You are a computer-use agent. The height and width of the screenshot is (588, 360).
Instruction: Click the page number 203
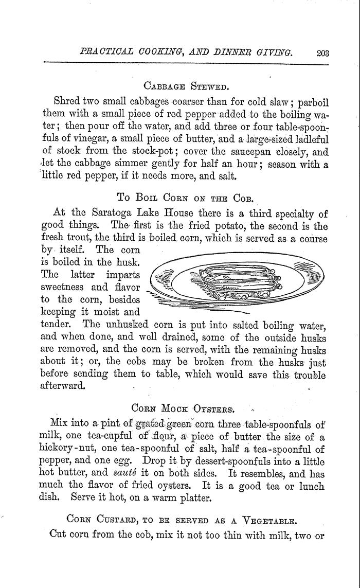pos(323,51)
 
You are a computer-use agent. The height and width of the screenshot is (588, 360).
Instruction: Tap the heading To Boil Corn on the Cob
pos(183,196)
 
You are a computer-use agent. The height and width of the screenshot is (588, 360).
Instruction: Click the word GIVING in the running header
pos(275,51)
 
